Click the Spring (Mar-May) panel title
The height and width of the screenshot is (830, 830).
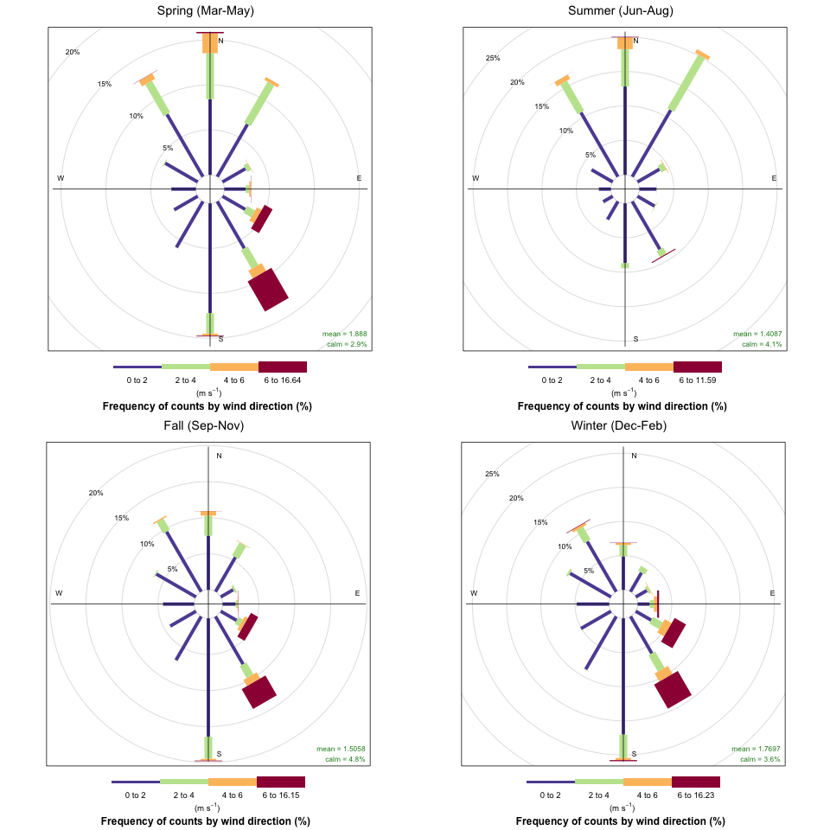(206, 10)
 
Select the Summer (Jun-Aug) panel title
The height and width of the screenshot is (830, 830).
(621, 10)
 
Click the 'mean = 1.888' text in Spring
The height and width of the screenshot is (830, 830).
(345, 334)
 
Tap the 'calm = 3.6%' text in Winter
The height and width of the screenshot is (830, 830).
(760, 759)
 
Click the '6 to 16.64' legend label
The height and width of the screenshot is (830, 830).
(283, 380)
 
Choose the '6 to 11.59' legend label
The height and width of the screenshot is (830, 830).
(698, 380)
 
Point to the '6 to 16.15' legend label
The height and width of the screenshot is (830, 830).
(281, 795)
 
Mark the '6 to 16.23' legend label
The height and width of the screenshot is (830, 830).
(696, 795)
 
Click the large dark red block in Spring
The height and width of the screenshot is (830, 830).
(269, 289)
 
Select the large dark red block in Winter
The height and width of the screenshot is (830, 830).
(673, 689)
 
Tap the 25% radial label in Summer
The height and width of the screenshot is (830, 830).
(493, 58)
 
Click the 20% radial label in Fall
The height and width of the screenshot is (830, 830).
(96, 493)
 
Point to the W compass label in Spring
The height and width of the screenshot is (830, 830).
(61, 178)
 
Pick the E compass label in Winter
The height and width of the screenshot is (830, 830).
(772, 593)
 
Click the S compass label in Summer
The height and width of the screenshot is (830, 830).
(635, 339)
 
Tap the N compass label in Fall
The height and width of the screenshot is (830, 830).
(219, 456)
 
